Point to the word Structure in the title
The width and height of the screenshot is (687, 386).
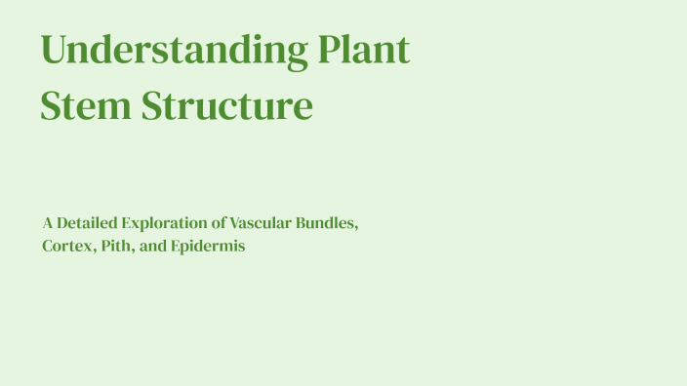[x=227, y=105]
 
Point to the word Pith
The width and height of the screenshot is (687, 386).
[x=118, y=247]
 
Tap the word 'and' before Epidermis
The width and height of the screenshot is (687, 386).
[x=153, y=247]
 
